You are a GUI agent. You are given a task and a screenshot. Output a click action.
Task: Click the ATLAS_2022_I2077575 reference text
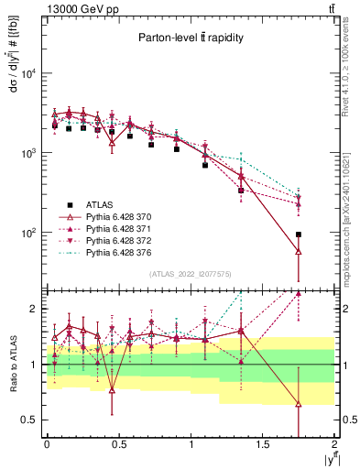point(190,274)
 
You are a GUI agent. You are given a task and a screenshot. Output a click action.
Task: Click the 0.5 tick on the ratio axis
point(33,420)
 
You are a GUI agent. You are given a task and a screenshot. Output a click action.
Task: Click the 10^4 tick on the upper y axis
point(31,73)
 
